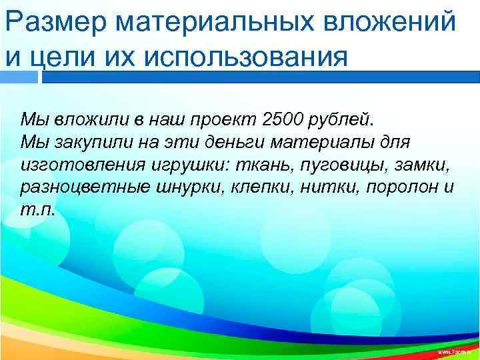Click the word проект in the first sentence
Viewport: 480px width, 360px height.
pos(223,120)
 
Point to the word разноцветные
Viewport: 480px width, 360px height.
pos(79,186)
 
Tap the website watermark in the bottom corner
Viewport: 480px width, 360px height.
pos(456,351)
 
